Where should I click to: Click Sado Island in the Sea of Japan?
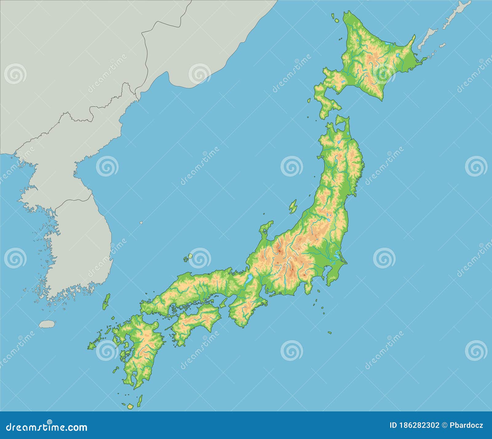point(293,206)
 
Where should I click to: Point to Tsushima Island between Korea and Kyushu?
point(106,301)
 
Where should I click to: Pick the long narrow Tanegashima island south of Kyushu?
point(140,401)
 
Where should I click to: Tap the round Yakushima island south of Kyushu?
point(130,406)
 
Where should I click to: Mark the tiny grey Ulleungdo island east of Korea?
point(141,223)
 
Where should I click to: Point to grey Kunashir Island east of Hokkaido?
point(427,40)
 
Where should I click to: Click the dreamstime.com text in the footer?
point(47,427)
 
